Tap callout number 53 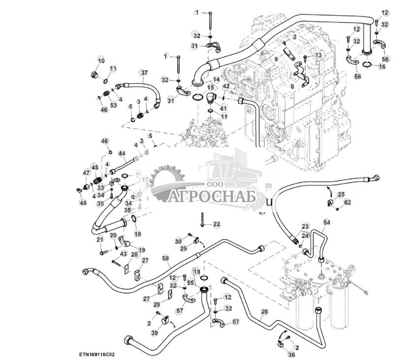click(x=113, y=105)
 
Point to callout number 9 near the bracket click(x=276, y=59)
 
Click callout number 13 click(x=318, y=55)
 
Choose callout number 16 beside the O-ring click(x=382, y=66)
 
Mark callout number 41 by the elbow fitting click(x=223, y=108)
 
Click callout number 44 click(x=122, y=154)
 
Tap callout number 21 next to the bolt click(x=100, y=239)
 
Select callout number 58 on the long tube click(x=165, y=258)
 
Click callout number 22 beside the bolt click(x=217, y=225)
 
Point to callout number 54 click(x=327, y=223)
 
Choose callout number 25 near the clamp click(x=341, y=195)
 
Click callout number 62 click(x=348, y=202)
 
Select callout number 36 click(x=291, y=354)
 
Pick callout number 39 click(x=155, y=333)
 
